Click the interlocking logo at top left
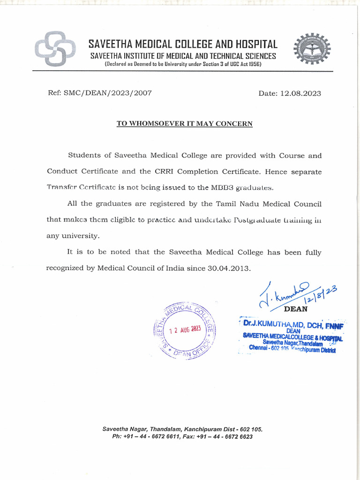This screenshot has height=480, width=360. (x=54, y=49)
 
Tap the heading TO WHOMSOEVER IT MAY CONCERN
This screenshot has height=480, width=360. (x=184, y=124)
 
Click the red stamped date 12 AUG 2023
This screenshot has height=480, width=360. (x=185, y=330)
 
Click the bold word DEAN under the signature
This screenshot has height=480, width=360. (x=296, y=309)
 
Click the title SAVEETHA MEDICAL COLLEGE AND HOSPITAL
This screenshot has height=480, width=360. (x=183, y=45)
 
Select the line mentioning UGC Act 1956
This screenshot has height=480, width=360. (x=183, y=64)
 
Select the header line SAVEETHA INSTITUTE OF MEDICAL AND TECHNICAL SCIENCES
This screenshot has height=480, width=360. (x=183, y=56)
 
